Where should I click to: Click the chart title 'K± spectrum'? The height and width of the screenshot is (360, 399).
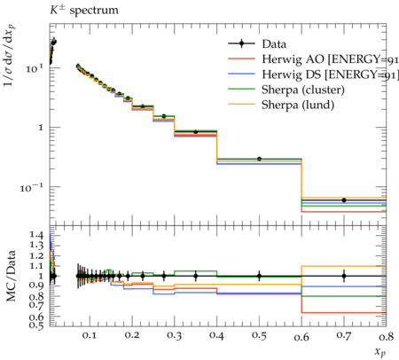click(84, 10)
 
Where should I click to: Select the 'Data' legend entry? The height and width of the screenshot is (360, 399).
click(257, 44)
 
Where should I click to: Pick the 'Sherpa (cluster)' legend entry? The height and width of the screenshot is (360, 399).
click(286, 90)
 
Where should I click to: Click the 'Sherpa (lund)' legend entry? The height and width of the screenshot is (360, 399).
click(281, 105)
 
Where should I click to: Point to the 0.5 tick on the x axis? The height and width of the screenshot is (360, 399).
click(259, 336)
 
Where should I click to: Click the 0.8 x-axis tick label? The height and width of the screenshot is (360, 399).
click(387, 336)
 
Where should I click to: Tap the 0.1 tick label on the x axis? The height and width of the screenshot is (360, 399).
click(90, 336)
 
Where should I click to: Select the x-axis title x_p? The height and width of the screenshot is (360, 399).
click(380, 352)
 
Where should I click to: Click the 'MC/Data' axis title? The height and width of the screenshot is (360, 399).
click(12, 276)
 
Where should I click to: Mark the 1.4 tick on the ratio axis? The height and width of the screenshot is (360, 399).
click(36, 235)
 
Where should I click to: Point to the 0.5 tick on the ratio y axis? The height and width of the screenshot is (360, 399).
click(36, 325)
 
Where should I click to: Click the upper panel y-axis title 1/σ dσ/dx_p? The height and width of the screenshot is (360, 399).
click(10, 56)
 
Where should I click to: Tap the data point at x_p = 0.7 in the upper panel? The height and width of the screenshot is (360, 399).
click(344, 200)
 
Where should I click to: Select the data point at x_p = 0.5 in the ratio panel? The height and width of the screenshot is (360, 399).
click(259, 276)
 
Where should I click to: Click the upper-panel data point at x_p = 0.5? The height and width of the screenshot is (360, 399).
click(259, 159)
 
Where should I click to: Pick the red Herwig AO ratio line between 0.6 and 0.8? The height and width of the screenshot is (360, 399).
click(344, 312)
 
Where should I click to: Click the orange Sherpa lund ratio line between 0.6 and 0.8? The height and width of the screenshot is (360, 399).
click(344, 266)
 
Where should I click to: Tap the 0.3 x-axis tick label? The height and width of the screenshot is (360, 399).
click(175, 336)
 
